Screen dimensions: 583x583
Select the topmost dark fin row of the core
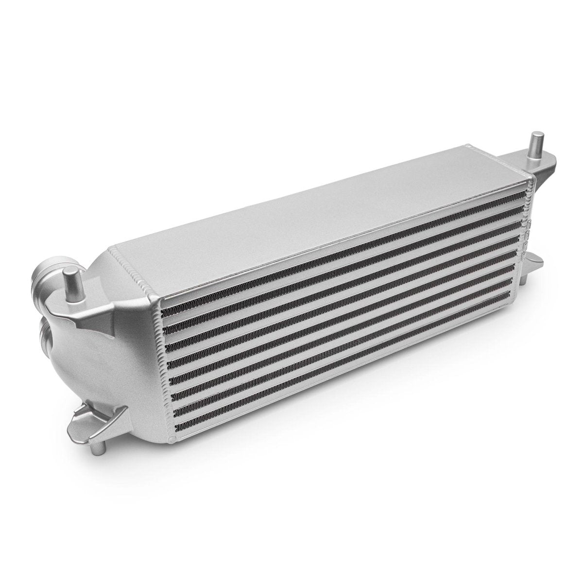point(340,248)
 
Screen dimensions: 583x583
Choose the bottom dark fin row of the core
point(340,350)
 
